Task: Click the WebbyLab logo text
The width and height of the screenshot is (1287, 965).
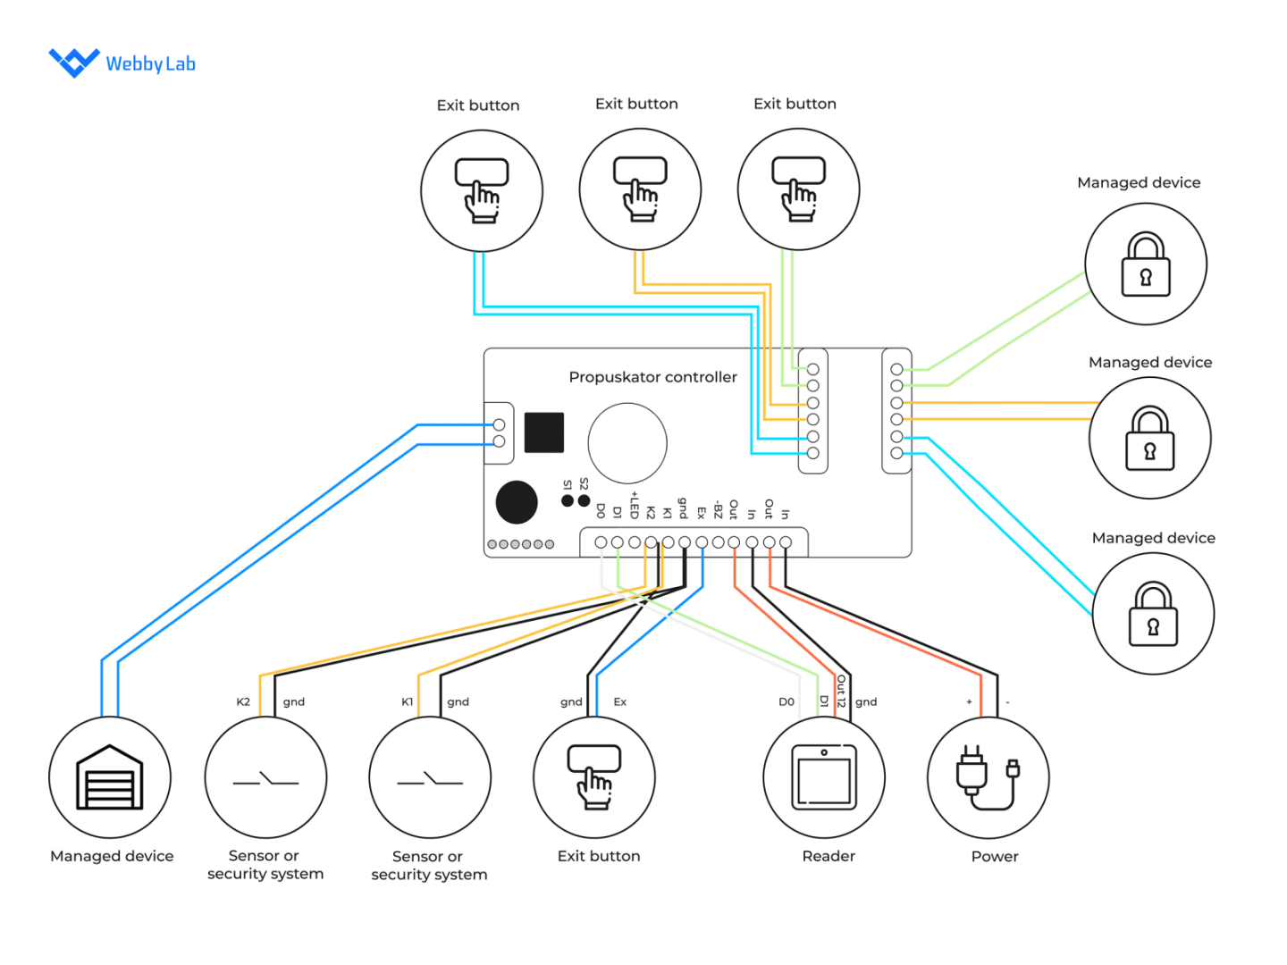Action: (150, 63)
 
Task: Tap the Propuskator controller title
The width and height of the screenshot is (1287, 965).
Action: (652, 377)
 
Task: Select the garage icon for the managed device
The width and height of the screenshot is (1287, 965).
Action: (110, 778)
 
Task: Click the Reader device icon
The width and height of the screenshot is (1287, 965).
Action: (824, 777)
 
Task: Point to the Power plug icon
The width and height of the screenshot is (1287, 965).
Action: (988, 777)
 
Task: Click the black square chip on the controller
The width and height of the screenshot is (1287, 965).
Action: (543, 432)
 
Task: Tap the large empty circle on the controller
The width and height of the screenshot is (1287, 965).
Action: (627, 443)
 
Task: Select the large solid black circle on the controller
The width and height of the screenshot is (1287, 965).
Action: (517, 502)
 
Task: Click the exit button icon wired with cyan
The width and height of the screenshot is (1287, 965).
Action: (482, 190)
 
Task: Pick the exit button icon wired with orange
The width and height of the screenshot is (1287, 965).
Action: (640, 189)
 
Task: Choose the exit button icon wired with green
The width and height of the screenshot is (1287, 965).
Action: (798, 189)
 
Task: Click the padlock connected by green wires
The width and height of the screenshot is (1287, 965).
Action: (1146, 264)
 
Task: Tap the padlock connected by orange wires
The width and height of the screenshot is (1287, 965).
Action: (1150, 439)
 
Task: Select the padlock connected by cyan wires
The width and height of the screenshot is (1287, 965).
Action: (1153, 614)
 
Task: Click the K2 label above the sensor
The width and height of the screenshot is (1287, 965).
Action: (243, 702)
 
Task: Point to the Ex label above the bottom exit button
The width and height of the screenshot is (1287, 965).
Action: (619, 702)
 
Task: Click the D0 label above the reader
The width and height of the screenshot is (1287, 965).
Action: (786, 702)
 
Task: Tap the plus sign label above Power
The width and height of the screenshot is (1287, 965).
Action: (969, 702)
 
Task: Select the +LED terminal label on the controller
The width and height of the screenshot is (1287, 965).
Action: (634, 506)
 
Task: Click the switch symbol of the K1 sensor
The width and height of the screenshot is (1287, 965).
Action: (430, 779)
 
